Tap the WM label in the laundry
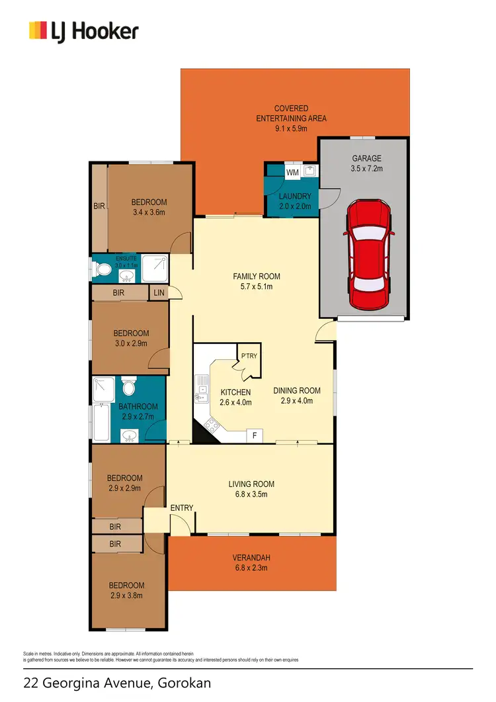point(293,172)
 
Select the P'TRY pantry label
point(249,356)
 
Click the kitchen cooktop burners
point(213,425)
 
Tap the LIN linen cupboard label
point(159,292)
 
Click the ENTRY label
point(182,507)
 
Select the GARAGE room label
point(366,159)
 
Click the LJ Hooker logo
point(83,30)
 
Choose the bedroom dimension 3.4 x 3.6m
point(149,212)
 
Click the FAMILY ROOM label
point(257,277)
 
